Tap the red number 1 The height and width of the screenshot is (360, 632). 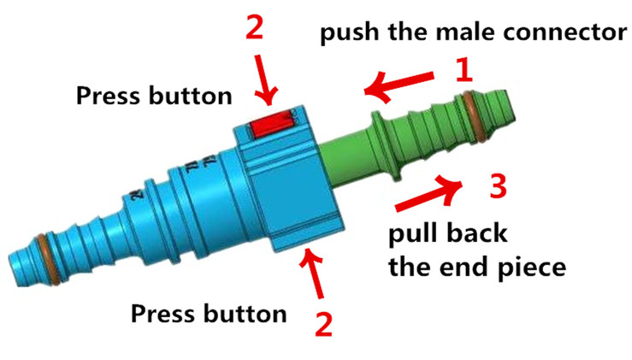(x=463, y=70)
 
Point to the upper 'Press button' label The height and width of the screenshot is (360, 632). (x=154, y=95)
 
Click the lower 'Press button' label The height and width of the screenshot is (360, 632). (x=208, y=313)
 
